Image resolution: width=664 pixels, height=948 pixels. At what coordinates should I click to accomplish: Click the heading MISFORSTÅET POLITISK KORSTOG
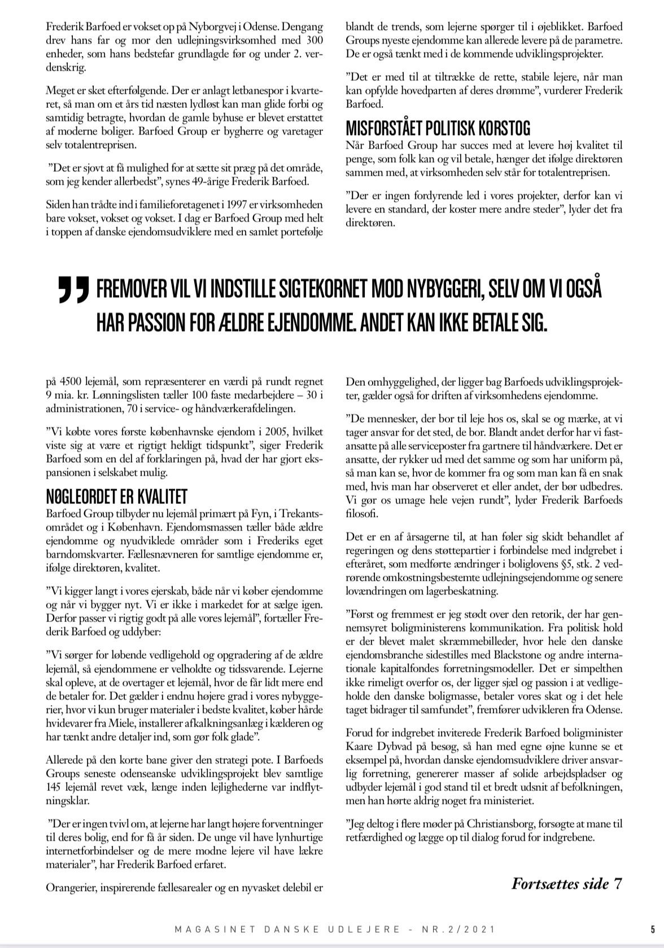tap(438, 129)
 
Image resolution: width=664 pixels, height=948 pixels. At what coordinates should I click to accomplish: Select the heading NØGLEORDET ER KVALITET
tap(116, 498)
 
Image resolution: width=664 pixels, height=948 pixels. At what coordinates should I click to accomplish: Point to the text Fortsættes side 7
tap(567, 883)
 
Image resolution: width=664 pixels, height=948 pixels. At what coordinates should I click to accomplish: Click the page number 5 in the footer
tap(653, 928)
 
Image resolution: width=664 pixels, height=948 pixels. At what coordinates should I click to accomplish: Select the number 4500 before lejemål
tap(71, 382)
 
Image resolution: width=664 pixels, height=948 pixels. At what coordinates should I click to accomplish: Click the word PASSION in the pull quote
tap(179, 322)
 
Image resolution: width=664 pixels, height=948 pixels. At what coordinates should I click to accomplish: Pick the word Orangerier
tap(70, 888)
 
